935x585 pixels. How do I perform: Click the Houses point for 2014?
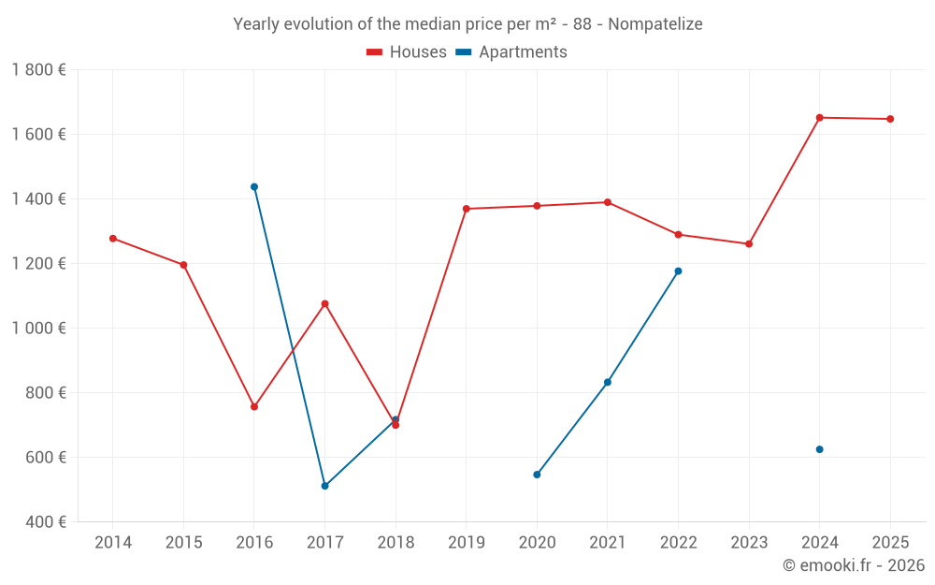113,239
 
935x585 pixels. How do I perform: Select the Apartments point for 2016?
254,186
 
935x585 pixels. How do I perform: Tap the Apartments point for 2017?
324,486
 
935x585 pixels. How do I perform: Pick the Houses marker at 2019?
467,209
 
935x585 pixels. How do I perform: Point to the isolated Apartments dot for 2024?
819,449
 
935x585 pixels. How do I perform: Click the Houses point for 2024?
819,118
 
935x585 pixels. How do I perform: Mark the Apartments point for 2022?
678,271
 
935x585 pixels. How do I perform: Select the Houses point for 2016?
254,407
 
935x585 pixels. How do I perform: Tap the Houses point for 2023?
749,244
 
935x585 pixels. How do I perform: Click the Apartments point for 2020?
537,475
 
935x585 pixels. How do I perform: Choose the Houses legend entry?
407,52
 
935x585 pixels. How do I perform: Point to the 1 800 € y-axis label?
38,70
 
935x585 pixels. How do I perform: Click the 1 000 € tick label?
38,329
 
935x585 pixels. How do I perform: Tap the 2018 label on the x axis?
396,543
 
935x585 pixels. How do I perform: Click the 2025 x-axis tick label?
890,543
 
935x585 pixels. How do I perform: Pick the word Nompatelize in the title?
654,24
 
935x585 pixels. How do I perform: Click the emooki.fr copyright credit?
854,565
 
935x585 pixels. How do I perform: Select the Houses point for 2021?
608,202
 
